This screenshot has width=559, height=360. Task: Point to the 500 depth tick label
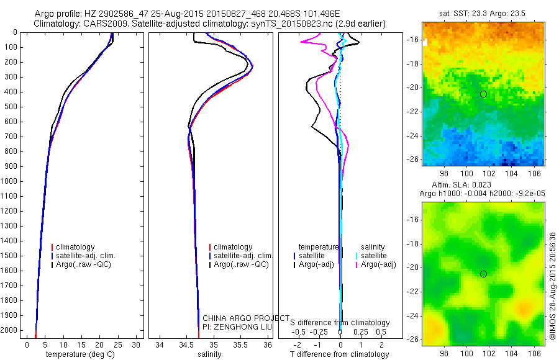11,107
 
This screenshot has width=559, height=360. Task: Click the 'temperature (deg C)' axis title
81,354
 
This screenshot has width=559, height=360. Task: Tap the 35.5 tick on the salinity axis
241,344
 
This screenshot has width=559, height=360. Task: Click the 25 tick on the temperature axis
119,344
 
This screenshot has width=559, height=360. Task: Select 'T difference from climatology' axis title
339,354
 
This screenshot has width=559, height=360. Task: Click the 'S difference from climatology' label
340,323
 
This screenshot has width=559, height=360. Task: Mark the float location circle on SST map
483,94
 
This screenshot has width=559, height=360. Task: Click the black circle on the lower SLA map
483,274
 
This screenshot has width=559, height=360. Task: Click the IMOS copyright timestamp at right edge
552,282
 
